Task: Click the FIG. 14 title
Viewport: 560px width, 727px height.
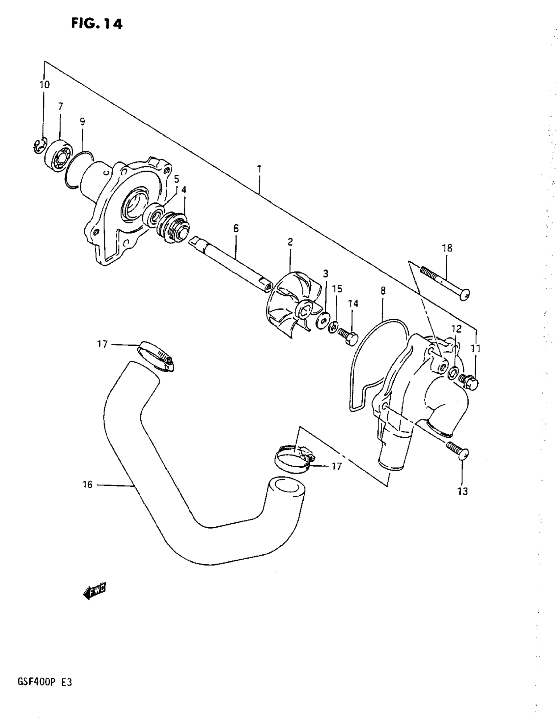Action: click(97, 24)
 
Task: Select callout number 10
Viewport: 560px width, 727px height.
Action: click(44, 85)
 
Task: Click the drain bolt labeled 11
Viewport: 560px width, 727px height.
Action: click(469, 382)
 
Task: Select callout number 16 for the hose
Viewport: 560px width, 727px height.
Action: click(88, 485)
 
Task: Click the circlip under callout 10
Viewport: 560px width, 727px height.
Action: click(40, 146)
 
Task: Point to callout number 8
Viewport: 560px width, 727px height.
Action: click(383, 291)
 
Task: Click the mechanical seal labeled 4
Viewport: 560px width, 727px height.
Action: click(174, 226)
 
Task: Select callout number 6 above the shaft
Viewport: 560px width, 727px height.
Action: click(236, 228)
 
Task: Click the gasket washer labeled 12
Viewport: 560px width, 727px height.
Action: click(453, 373)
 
